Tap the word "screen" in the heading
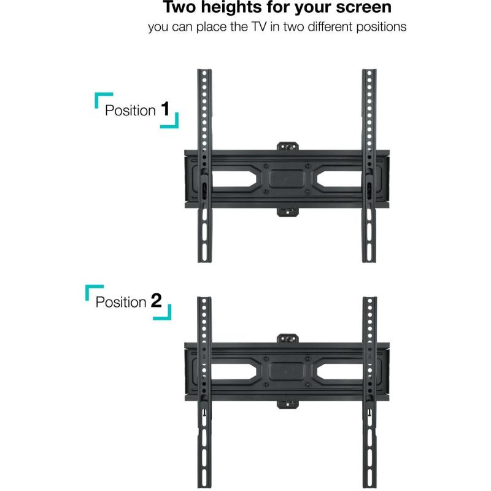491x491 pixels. pyautogui.click(x=363, y=8)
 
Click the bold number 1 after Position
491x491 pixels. pyautogui.click(x=164, y=109)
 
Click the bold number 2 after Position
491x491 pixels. pyautogui.click(x=157, y=301)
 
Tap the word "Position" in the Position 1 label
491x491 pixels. pyautogui.click(x=130, y=110)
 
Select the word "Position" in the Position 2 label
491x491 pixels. pyautogui.click(x=121, y=302)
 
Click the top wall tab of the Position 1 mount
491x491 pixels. pyautogui.click(x=287, y=146)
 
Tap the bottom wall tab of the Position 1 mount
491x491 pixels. pyautogui.click(x=287, y=212)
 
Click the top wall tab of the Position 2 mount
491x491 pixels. pyautogui.click(x=287, y=338)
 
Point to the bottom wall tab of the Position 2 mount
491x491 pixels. pyautogui.click(x=287, y=404)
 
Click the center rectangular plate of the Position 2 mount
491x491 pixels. pyautogui.click(x=287, y=371)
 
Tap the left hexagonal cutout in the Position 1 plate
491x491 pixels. pyautogui.click(x=234, y=179)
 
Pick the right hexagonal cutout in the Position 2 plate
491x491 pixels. pyautogui.click(x=340, y=371)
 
